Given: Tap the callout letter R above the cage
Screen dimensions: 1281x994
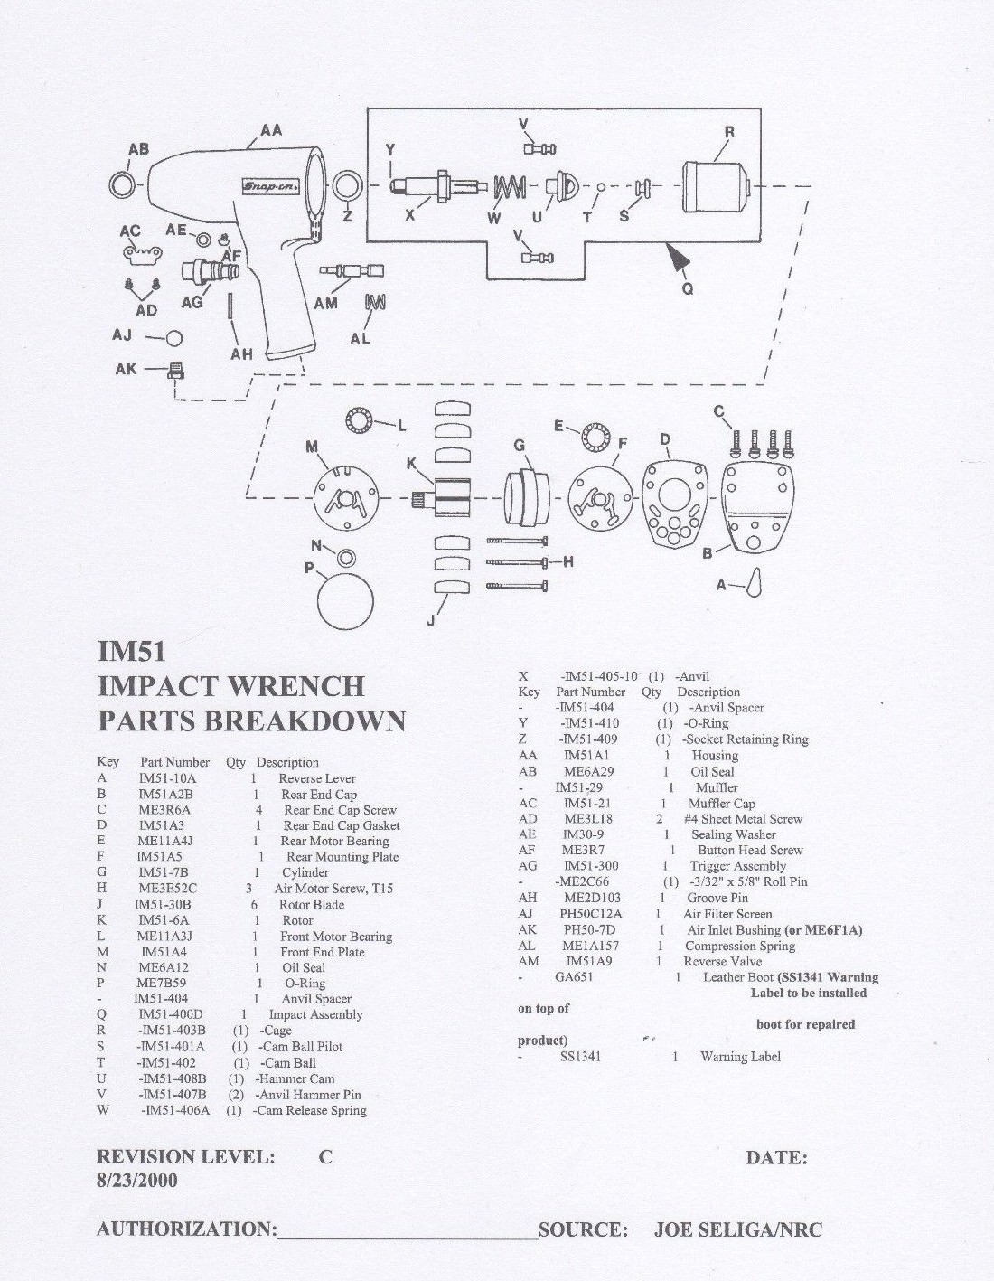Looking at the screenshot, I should [x=729, y=132].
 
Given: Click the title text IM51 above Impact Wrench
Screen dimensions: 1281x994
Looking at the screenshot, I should [x=131, y=651].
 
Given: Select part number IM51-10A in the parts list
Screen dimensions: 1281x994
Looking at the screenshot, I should [x=167, y=778].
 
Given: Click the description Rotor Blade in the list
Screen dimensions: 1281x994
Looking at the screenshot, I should [x=312, y=904].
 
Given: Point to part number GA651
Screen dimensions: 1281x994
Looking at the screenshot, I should [x=574, y=977].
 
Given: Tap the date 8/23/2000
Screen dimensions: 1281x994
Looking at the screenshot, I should [x=137, y=1180].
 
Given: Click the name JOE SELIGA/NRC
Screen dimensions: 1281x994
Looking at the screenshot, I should [x=737, y=1229].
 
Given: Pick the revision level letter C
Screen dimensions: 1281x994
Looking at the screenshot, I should [x=325, y=1157].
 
